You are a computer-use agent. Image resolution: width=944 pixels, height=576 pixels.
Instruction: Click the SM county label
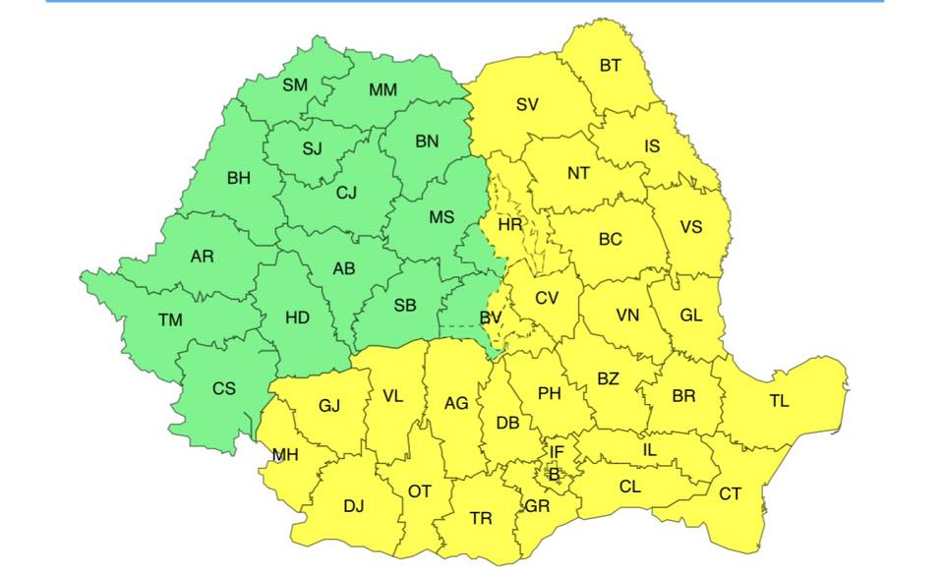pos(295,85)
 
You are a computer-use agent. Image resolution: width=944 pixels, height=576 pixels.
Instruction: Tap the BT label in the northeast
pos(611,66)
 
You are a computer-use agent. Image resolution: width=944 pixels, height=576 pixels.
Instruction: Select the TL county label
pos(778,400)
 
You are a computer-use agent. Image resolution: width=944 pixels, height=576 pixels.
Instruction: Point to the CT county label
pos(730,493)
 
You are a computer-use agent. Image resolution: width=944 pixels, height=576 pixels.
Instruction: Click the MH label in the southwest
pos(285,455)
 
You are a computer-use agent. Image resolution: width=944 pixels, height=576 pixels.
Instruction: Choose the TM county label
pos(170,319)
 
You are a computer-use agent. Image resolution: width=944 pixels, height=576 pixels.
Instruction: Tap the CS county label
pos(224,388)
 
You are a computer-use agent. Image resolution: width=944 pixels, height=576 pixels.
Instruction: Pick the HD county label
pos(297,317)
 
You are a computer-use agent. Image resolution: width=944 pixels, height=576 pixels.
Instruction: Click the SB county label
pos(405,306)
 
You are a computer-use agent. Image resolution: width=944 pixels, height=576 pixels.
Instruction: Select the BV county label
pos(491,317)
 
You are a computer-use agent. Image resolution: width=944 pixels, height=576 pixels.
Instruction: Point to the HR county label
pos(509,225)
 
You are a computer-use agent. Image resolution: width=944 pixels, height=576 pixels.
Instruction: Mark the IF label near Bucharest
pos(557,452)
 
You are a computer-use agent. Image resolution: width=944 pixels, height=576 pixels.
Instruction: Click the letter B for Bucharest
pos(554,474)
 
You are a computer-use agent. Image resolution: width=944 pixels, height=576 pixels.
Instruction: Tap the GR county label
pos(537,506)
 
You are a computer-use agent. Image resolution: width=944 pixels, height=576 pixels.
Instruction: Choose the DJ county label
pos(354,506)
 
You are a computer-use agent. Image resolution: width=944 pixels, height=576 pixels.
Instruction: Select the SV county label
pos(527,104)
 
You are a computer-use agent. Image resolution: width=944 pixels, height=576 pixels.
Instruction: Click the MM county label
pos(383,90)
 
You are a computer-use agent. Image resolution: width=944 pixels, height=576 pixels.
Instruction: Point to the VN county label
pos(627,316)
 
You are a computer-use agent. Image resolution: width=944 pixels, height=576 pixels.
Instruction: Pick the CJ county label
pos(346,193)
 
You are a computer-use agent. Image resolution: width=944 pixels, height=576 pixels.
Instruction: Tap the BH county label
pos(239,178)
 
